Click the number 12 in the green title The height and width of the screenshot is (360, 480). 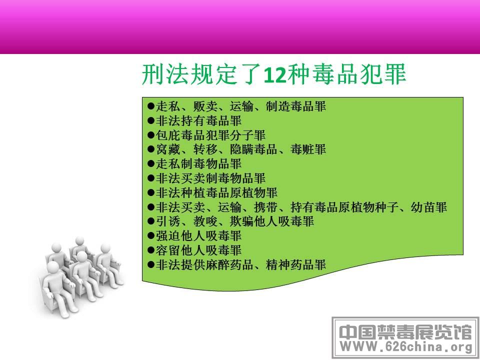275,74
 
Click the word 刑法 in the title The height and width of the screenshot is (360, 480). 165,74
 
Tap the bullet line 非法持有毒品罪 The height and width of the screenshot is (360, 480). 194,120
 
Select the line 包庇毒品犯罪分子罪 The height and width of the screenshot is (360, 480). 206,135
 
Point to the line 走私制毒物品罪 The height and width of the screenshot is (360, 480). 194,164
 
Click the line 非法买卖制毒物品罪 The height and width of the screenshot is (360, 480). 206,178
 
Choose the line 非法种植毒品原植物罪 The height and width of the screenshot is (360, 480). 212,192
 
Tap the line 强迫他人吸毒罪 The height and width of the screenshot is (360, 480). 194,235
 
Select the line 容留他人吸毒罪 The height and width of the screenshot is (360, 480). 194,250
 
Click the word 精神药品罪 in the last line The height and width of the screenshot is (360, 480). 296,264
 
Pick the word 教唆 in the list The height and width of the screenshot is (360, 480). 205,221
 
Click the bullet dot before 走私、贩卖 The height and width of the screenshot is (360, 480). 150,106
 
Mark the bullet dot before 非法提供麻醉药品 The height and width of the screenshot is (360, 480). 150,264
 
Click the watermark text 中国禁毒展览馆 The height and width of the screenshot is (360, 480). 405,332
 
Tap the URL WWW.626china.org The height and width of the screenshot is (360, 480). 406,347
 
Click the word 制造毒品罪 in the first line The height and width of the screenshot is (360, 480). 296,106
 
